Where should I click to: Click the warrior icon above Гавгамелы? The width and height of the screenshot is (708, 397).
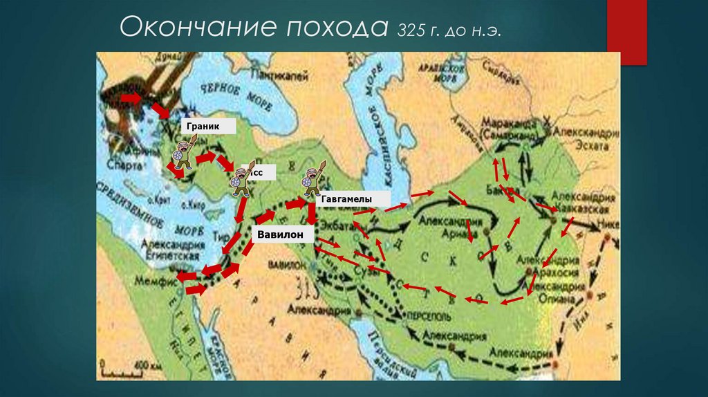308,180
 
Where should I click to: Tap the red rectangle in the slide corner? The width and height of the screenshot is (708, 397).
626,32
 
